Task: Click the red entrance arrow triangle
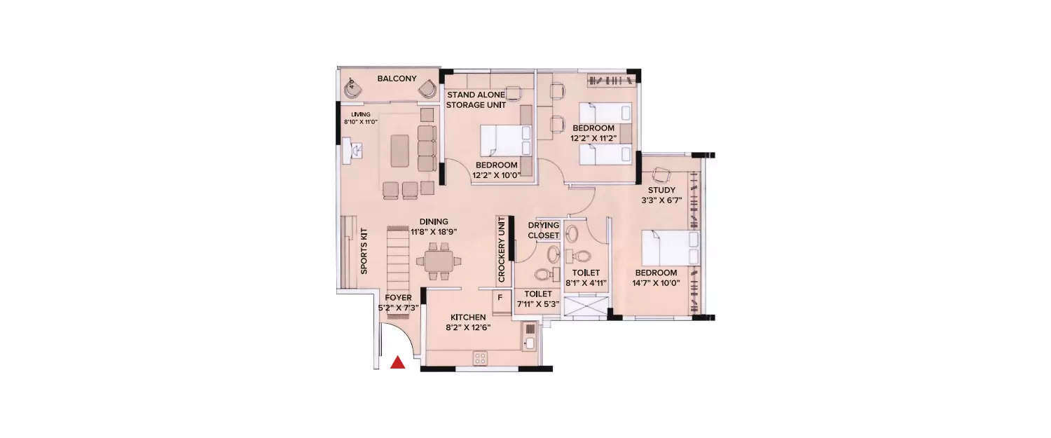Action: click(x=397, y=362)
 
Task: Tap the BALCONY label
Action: click(x=397, y=78)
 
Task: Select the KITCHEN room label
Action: click(x=469, y=317)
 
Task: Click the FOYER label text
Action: click(x=398, y=297)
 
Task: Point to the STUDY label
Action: click(x=661, y=190)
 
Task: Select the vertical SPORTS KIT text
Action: click(x=363, y=250)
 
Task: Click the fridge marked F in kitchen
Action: click(x=500, y=298)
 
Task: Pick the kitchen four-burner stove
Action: click(x=481, y=357)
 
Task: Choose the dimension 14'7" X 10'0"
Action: click(x=656, y=284)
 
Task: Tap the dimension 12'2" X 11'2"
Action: click(x=593, y=139)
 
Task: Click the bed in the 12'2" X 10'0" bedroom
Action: click(x=504, y=140)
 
